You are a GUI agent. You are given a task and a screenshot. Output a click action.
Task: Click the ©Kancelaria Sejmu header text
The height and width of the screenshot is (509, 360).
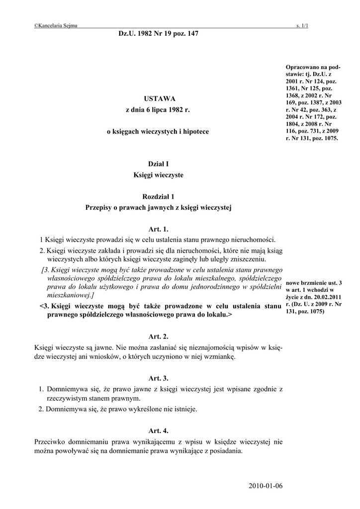[55, 25]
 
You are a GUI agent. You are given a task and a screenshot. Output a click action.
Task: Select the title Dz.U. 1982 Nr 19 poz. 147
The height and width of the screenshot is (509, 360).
[158, 33]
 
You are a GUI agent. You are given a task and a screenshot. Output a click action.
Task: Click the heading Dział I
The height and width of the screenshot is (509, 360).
[159, 164]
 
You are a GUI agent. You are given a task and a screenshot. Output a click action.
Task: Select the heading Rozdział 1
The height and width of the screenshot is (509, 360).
[159, 197]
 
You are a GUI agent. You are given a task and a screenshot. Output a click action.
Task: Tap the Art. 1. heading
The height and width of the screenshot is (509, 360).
[159, 229]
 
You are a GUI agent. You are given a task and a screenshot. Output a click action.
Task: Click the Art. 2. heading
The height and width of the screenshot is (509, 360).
[159, 337]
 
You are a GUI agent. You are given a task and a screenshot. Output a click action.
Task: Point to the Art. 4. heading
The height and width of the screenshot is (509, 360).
[159, 431]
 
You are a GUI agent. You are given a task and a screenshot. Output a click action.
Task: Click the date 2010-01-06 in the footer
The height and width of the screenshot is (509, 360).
[265, 486]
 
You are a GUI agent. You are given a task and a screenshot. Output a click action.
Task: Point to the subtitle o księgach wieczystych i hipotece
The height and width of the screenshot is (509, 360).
[159, 132]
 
